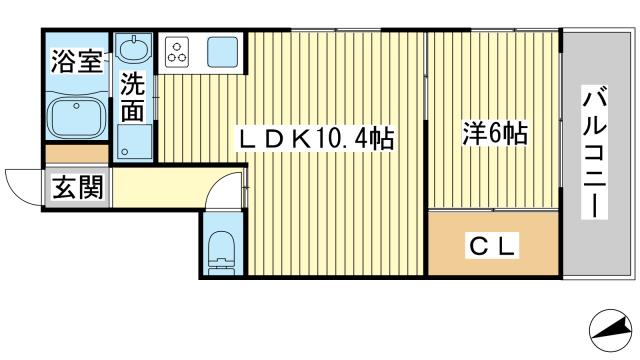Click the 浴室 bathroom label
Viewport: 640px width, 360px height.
(76, 62)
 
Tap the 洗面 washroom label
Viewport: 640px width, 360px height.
(132, 98)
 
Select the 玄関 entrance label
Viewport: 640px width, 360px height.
(76, 187)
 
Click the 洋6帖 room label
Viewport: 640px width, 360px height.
(494, 132)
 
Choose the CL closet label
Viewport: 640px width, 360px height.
(490, 244)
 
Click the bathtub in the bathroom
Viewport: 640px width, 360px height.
(76, 116)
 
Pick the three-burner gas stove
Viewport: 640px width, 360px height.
(180, 50)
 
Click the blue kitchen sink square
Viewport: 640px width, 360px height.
(223, 51)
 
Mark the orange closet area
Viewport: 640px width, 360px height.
(490, 244)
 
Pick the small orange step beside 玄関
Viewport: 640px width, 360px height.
(76, 155)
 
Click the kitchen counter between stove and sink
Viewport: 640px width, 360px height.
(200, 50)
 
